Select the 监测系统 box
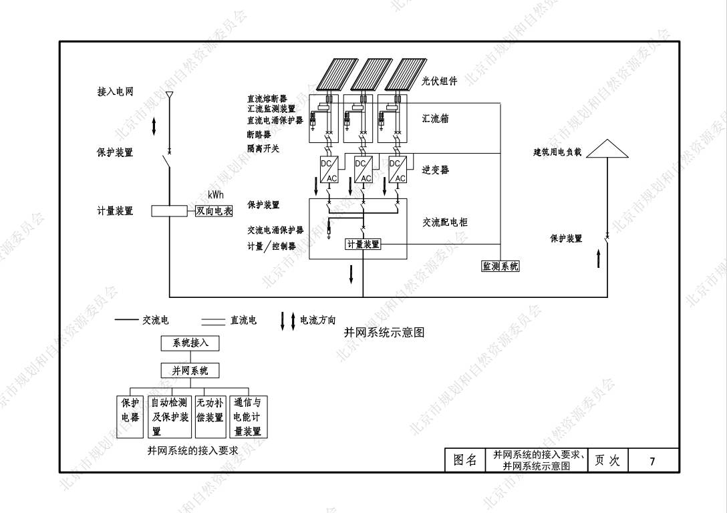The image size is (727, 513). coord(500,267)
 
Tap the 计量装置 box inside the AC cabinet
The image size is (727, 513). coord(363,244)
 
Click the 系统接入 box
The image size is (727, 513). coord(190,343)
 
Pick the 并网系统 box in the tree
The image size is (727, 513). coord(190,371)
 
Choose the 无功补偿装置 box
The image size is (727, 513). coord(210,417)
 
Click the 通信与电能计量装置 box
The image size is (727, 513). coord(248,417)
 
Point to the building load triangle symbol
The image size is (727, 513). coord(607,149)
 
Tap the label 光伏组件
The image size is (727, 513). coord(440,81)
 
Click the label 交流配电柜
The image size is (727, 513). coord(445,222)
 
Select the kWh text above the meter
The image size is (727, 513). coord(215,196)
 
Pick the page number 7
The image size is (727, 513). coord(652,460)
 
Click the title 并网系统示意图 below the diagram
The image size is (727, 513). coord(384,332)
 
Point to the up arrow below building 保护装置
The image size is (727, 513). coord(598,259)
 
